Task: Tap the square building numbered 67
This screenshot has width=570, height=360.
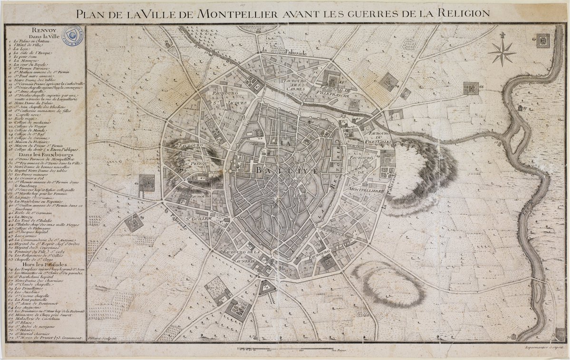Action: pyautogui.click(x=542, y=41)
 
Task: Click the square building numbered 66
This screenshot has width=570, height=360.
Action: pyautogui.click(x=471, y=88)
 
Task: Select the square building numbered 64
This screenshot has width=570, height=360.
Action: pyautogui.click(x=388, y=82)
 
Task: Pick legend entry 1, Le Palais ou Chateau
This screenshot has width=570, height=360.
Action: pyautogui.click(x=36, y=42)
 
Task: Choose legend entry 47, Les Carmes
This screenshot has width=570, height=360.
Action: pyautogui.click(x=26, y=235)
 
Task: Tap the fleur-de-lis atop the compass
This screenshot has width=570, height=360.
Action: pyautogui.click(x=503, y=36)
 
